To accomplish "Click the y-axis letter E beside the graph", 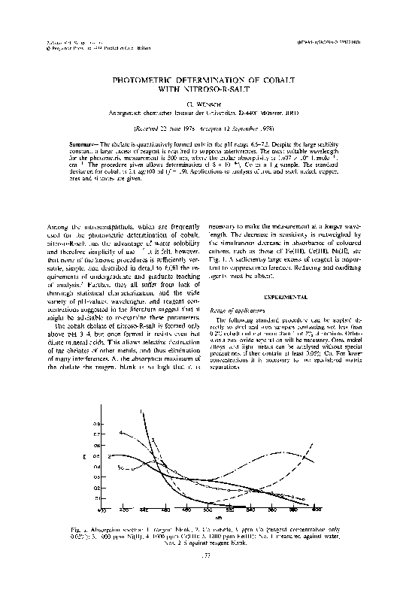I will (94, 455).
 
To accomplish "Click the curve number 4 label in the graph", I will (121, 432).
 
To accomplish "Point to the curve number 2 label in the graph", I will (111, 455).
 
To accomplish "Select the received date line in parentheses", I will (205, 128).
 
